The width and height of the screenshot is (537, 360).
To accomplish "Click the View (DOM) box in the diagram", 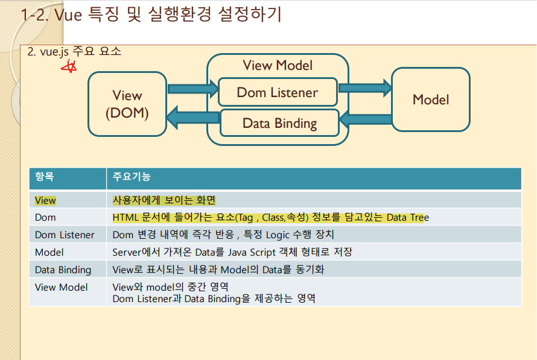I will click(127, 104).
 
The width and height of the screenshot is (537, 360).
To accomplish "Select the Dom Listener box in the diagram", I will click(277, 92).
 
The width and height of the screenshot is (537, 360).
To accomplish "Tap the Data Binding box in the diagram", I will click(279, 123).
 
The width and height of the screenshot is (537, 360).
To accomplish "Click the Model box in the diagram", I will click(430, 99).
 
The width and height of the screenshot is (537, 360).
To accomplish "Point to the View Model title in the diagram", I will click(278, 65).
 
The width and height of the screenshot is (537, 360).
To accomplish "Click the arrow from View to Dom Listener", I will click(192, 89).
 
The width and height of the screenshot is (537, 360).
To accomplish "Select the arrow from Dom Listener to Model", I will click(365, 88).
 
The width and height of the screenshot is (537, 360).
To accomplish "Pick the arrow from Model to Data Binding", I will click(366, 120).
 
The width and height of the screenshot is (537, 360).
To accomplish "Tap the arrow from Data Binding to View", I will click(192, 117).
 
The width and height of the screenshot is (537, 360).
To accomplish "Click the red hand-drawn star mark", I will click(71, 66).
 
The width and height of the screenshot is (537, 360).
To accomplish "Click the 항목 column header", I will click(45, 177).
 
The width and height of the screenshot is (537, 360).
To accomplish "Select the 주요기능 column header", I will click(132, 177).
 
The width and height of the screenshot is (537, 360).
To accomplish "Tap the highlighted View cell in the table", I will click(45, 200).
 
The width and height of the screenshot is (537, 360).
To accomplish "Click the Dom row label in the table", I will click(45, 217).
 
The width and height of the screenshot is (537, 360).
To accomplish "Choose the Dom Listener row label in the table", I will click(65, 235).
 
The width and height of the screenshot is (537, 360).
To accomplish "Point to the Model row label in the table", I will click(49, 252).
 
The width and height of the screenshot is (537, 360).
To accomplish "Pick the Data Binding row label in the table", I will click(63, 270).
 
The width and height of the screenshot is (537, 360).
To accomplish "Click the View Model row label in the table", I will click(61, 287).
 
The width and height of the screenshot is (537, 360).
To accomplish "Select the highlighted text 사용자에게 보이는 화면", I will click(164, 200).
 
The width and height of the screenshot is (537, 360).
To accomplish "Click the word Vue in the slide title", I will click(68, 15).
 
